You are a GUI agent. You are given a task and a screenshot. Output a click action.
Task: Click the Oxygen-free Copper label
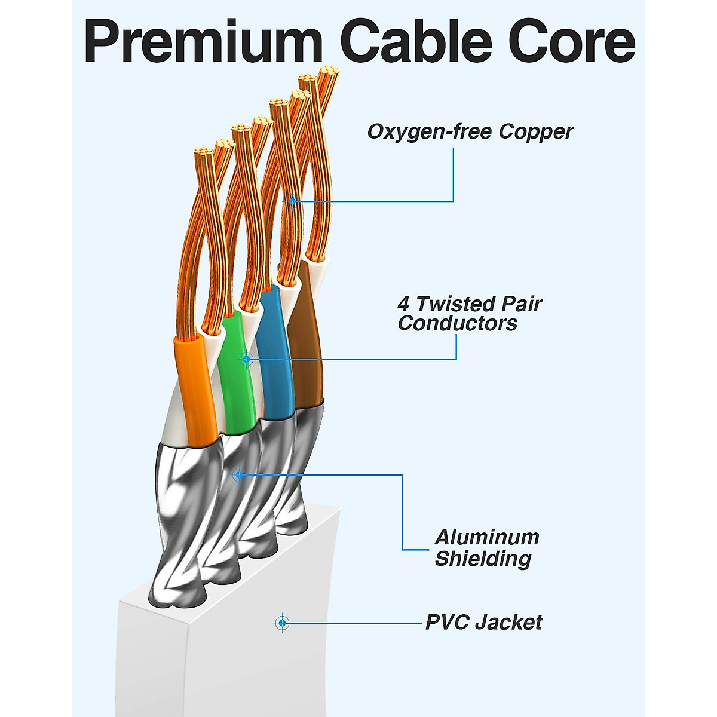coord(470,131)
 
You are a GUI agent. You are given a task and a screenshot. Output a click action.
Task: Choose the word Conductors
coord(458,323)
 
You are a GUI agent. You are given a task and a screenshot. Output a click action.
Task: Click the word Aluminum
coord(487,537)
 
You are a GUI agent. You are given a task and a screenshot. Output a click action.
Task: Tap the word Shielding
coord(483,559)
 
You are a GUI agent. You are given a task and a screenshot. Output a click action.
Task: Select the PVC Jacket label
coord(483,623)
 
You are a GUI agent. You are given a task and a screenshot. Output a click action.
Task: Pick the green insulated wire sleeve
coord(236,382)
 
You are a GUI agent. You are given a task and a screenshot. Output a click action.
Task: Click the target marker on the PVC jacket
coord(282,623)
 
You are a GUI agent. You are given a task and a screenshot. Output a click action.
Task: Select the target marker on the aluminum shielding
coord(239,475)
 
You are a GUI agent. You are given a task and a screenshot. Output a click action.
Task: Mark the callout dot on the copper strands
coord(292,201)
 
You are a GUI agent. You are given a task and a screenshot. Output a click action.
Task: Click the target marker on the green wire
coord(246,359)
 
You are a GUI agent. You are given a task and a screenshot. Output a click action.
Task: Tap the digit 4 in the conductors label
coord(404,304)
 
